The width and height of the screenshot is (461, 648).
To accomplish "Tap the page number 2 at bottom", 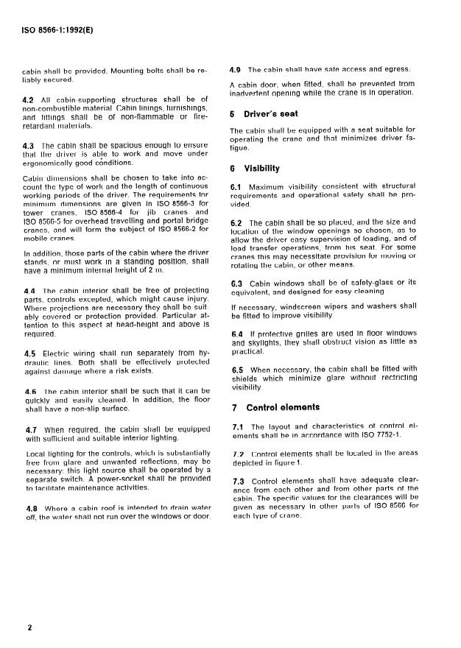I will [29, 628].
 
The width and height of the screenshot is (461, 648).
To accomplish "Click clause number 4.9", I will [236, 69].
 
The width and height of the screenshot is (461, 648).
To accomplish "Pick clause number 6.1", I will [236, 187].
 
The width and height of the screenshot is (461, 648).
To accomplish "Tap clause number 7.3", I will [237, 480].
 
